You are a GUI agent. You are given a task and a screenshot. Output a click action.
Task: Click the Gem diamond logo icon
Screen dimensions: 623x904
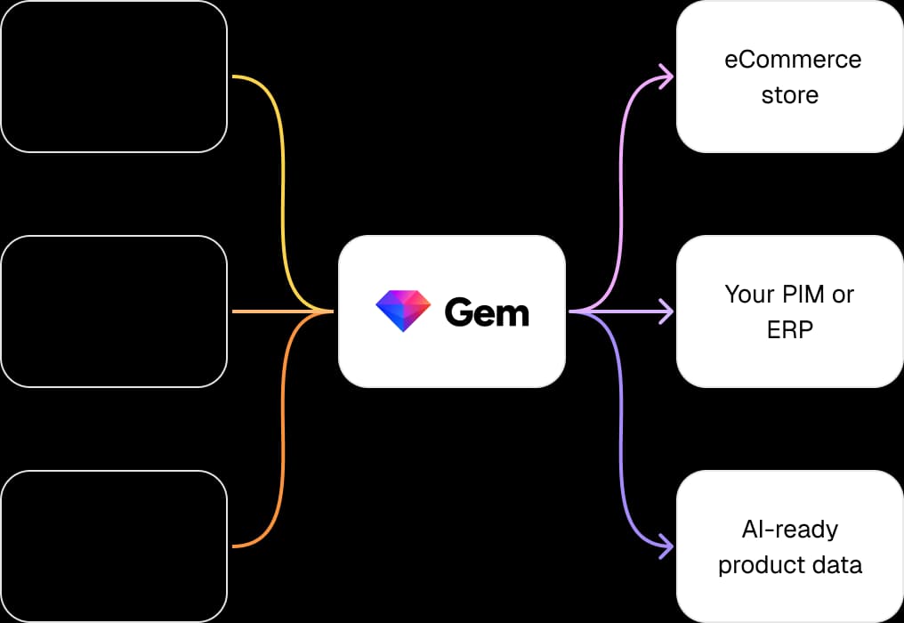coord(403,311)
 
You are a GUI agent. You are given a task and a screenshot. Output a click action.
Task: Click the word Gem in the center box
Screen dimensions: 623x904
coord(487,312)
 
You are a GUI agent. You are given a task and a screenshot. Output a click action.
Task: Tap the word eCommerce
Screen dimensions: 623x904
coord(792,60)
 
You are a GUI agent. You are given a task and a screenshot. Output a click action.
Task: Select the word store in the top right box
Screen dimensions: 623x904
coord(790,94)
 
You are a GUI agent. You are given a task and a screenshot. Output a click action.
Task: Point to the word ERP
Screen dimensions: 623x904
coord(790,329)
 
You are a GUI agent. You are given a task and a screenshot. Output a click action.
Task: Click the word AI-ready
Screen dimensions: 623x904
coord(790,530)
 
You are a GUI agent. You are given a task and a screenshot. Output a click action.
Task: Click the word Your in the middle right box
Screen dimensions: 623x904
coord(747,295)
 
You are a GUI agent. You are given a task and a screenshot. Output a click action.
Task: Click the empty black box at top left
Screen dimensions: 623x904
coord(114,77)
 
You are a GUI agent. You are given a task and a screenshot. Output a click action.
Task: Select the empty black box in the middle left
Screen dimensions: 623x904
coord(114,311)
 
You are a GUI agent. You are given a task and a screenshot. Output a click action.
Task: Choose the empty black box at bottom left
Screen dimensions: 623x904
coord(114,546)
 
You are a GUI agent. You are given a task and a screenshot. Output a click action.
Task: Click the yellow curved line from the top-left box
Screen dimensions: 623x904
coord(282,178)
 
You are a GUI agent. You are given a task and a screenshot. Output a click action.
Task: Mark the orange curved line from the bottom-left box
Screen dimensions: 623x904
coord(282,445)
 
